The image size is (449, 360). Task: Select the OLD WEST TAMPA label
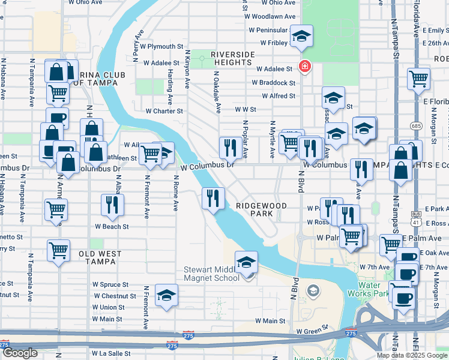tap(100, 258)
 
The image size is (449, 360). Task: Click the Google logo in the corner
tap(20, 353)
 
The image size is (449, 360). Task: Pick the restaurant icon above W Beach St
tap(112, 205)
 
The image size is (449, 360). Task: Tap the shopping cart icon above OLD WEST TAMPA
tap(58, 250)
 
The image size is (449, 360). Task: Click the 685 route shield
tap(417, 125)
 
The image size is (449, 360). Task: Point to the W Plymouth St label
tap(161, 46)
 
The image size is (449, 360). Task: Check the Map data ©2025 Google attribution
tap(411, 355)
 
